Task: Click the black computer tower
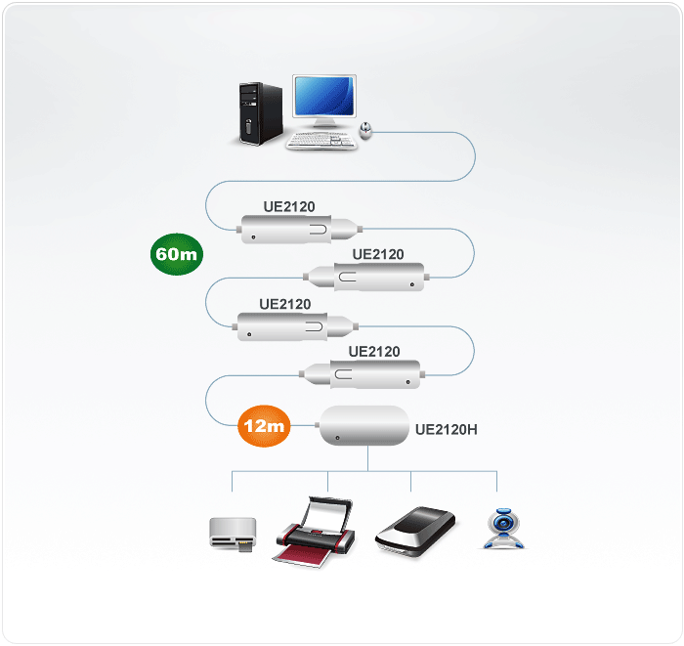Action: click(260, 112)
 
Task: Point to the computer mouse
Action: click(366, 129)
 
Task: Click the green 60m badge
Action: click(177, 254)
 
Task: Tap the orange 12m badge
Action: click(265, 425)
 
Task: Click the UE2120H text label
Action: click(446, 428)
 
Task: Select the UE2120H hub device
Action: click(365, 427)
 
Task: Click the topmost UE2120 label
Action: click(289, 206)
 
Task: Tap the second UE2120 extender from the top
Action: click(365, 280)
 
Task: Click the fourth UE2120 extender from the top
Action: click(363, 374)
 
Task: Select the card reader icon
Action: click(233, 535)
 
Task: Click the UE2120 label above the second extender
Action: click(378, 254)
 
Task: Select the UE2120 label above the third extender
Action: click(285, 304)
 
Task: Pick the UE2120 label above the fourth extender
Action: click(374, 351)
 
